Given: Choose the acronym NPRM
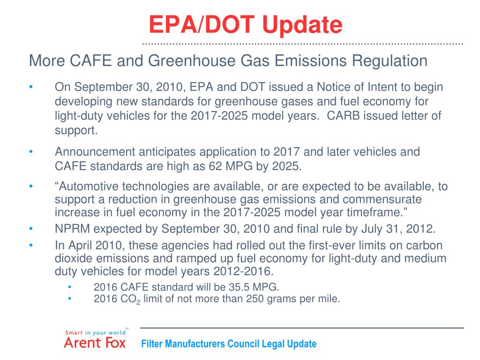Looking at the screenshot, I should tap(71, 229).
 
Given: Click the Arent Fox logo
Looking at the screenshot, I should tap(95, 338).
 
